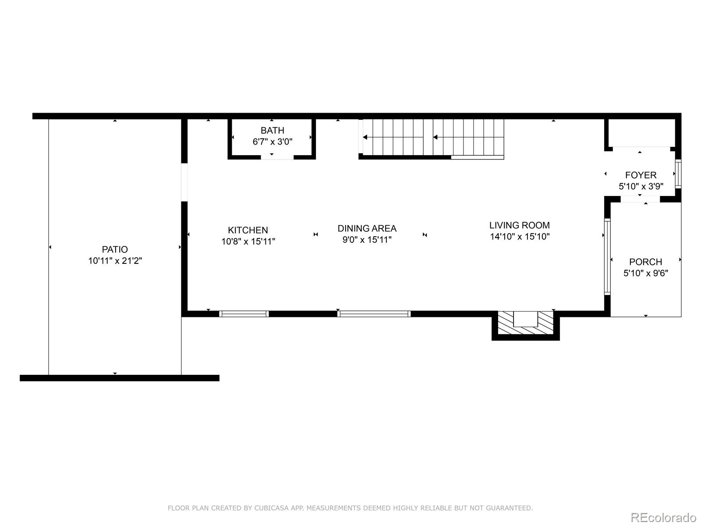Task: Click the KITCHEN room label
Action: click(248, 230)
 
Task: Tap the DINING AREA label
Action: click(367, 228)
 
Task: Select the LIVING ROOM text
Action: click(519, 225)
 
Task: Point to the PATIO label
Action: click(115, 249)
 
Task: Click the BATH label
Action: click(272, 130)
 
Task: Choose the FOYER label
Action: click(641, 175)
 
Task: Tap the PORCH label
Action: click(645, 262)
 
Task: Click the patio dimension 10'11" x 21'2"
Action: click(115, 261)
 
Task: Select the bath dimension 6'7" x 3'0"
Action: click(272, 142)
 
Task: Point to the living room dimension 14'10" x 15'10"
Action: click(520, 237)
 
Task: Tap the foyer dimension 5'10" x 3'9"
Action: click(641, 186)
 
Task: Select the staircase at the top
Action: click(432, 137)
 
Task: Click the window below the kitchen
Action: click(244, 314)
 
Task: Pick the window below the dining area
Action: click(374, 314)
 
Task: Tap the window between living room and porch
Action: click(607, 256)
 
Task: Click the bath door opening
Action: click(277, 157)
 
